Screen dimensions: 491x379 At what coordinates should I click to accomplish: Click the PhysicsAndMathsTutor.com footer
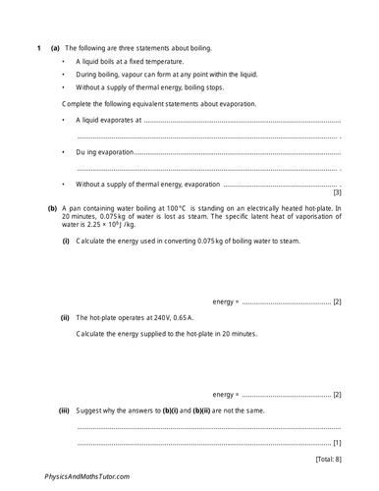(86, 476)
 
